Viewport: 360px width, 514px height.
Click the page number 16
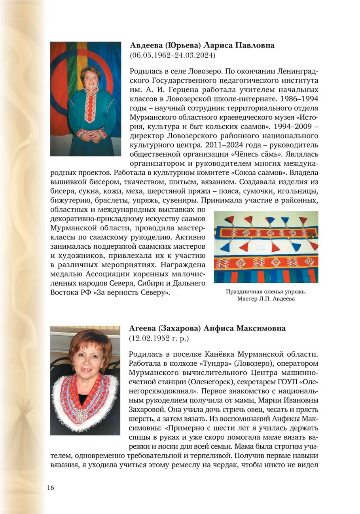pos(50,488)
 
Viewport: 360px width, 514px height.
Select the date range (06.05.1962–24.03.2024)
pos(172,56)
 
